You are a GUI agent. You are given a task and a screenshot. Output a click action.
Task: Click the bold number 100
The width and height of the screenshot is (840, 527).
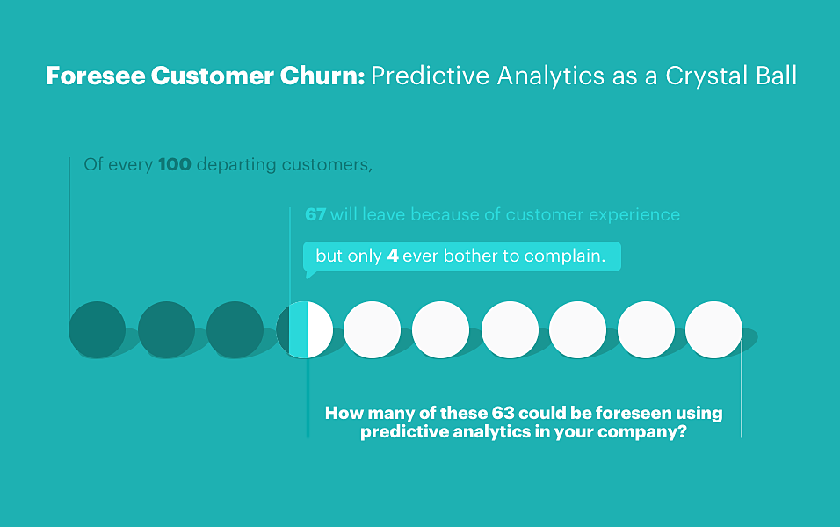click(x=175, y=164)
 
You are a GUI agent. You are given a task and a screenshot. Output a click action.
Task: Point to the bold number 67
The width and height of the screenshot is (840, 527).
click(x=315, y=215)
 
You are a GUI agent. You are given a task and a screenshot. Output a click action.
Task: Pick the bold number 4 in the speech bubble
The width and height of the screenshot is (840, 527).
click(x=393, y=256)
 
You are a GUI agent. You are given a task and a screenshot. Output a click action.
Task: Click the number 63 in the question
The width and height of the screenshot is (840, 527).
click(x=503, y=413)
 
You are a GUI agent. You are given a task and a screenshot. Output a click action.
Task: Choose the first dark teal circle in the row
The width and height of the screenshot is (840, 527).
click(x=97, y=330)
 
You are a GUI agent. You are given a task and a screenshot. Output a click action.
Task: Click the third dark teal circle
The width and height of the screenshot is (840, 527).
click(x=235, y=330)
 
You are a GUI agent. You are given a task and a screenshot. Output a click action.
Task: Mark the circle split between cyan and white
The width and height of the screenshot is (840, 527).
click(x=304, y=330)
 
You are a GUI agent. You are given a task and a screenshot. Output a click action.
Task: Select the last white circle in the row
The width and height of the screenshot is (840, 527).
click(x=713, y=330)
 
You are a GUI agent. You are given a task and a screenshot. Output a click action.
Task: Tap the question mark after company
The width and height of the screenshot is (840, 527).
click(x=682, y=431)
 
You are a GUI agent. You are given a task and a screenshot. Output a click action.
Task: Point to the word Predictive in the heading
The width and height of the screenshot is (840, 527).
click(x=431, y=76)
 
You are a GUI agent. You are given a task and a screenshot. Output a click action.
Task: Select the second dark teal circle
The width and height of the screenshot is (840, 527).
click(x=166, y=330)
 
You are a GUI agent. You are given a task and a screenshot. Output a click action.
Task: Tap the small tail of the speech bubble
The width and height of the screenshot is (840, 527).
click(x=310, y=274)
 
